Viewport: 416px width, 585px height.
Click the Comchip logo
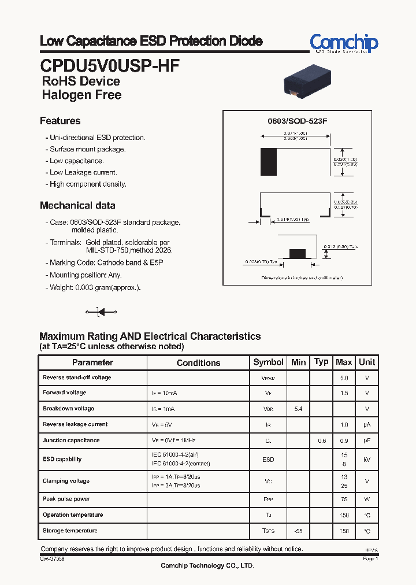[344, 43]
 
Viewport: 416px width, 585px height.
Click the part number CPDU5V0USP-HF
[110, 64]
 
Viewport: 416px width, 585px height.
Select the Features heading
[60, 121]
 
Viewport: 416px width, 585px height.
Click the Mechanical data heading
[77, 205]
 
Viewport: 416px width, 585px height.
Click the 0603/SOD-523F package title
[297, 123]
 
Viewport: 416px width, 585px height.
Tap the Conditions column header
[198, 362]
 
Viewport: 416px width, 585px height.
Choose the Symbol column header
[268, 362]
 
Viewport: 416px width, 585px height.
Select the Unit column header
[367, 362]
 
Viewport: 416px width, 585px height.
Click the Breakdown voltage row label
[68, 409]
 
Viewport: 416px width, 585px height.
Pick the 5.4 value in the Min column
[298, 409]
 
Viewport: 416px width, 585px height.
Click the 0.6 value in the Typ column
[321, 440]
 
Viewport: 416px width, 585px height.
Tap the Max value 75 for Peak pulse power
[344, 499]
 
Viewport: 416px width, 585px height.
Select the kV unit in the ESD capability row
[367, 460]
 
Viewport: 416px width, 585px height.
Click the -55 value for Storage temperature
[298, 531]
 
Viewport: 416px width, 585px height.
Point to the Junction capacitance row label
[71, 440]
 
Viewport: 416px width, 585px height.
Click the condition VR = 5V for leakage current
[162, 425]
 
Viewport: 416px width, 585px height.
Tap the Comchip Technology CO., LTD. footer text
[207, 566]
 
